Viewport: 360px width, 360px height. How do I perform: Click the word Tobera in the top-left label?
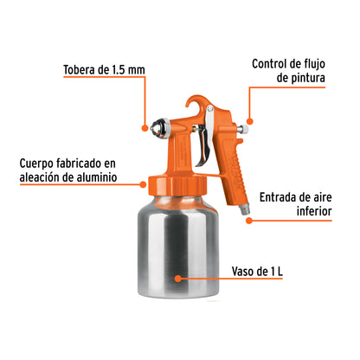[x=80, y=71]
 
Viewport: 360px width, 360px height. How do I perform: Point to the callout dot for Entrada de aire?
[x=248, y=220]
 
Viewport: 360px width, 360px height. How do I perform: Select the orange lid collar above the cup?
[x=178, y=185]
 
